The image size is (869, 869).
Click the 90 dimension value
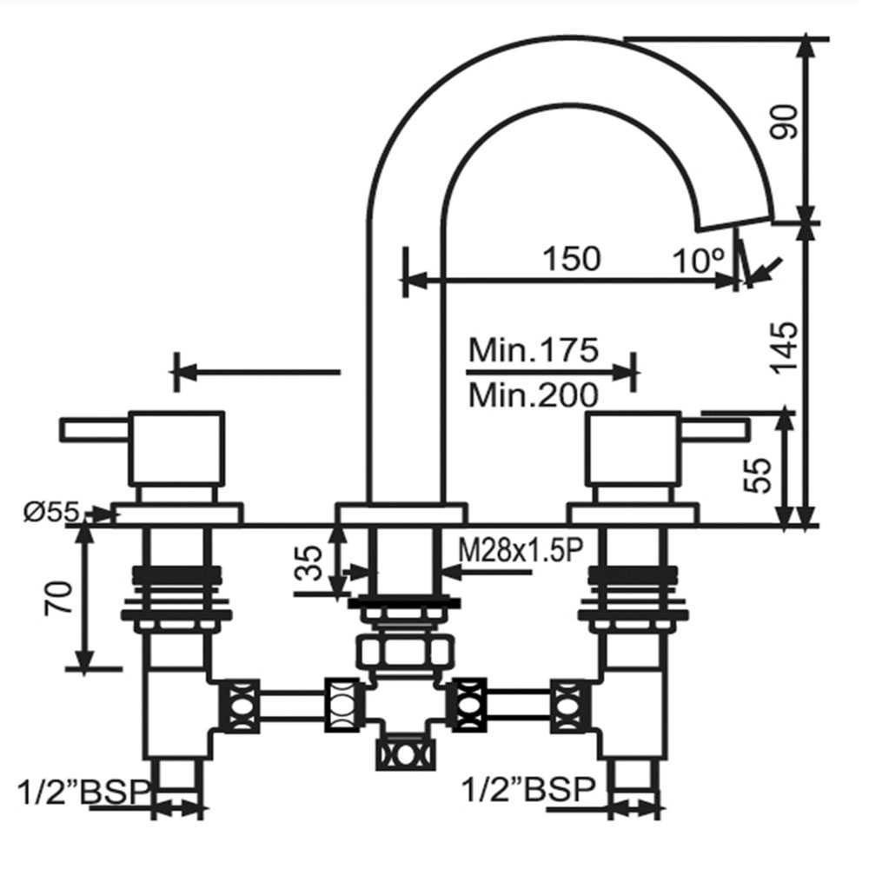point(785,122)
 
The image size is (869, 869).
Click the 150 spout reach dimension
point(571,258)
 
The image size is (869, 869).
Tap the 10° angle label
point(699,261)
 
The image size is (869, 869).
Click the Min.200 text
point(534,395)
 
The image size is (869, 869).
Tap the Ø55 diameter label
point(51,512)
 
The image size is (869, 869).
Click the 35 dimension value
point(308,563)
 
